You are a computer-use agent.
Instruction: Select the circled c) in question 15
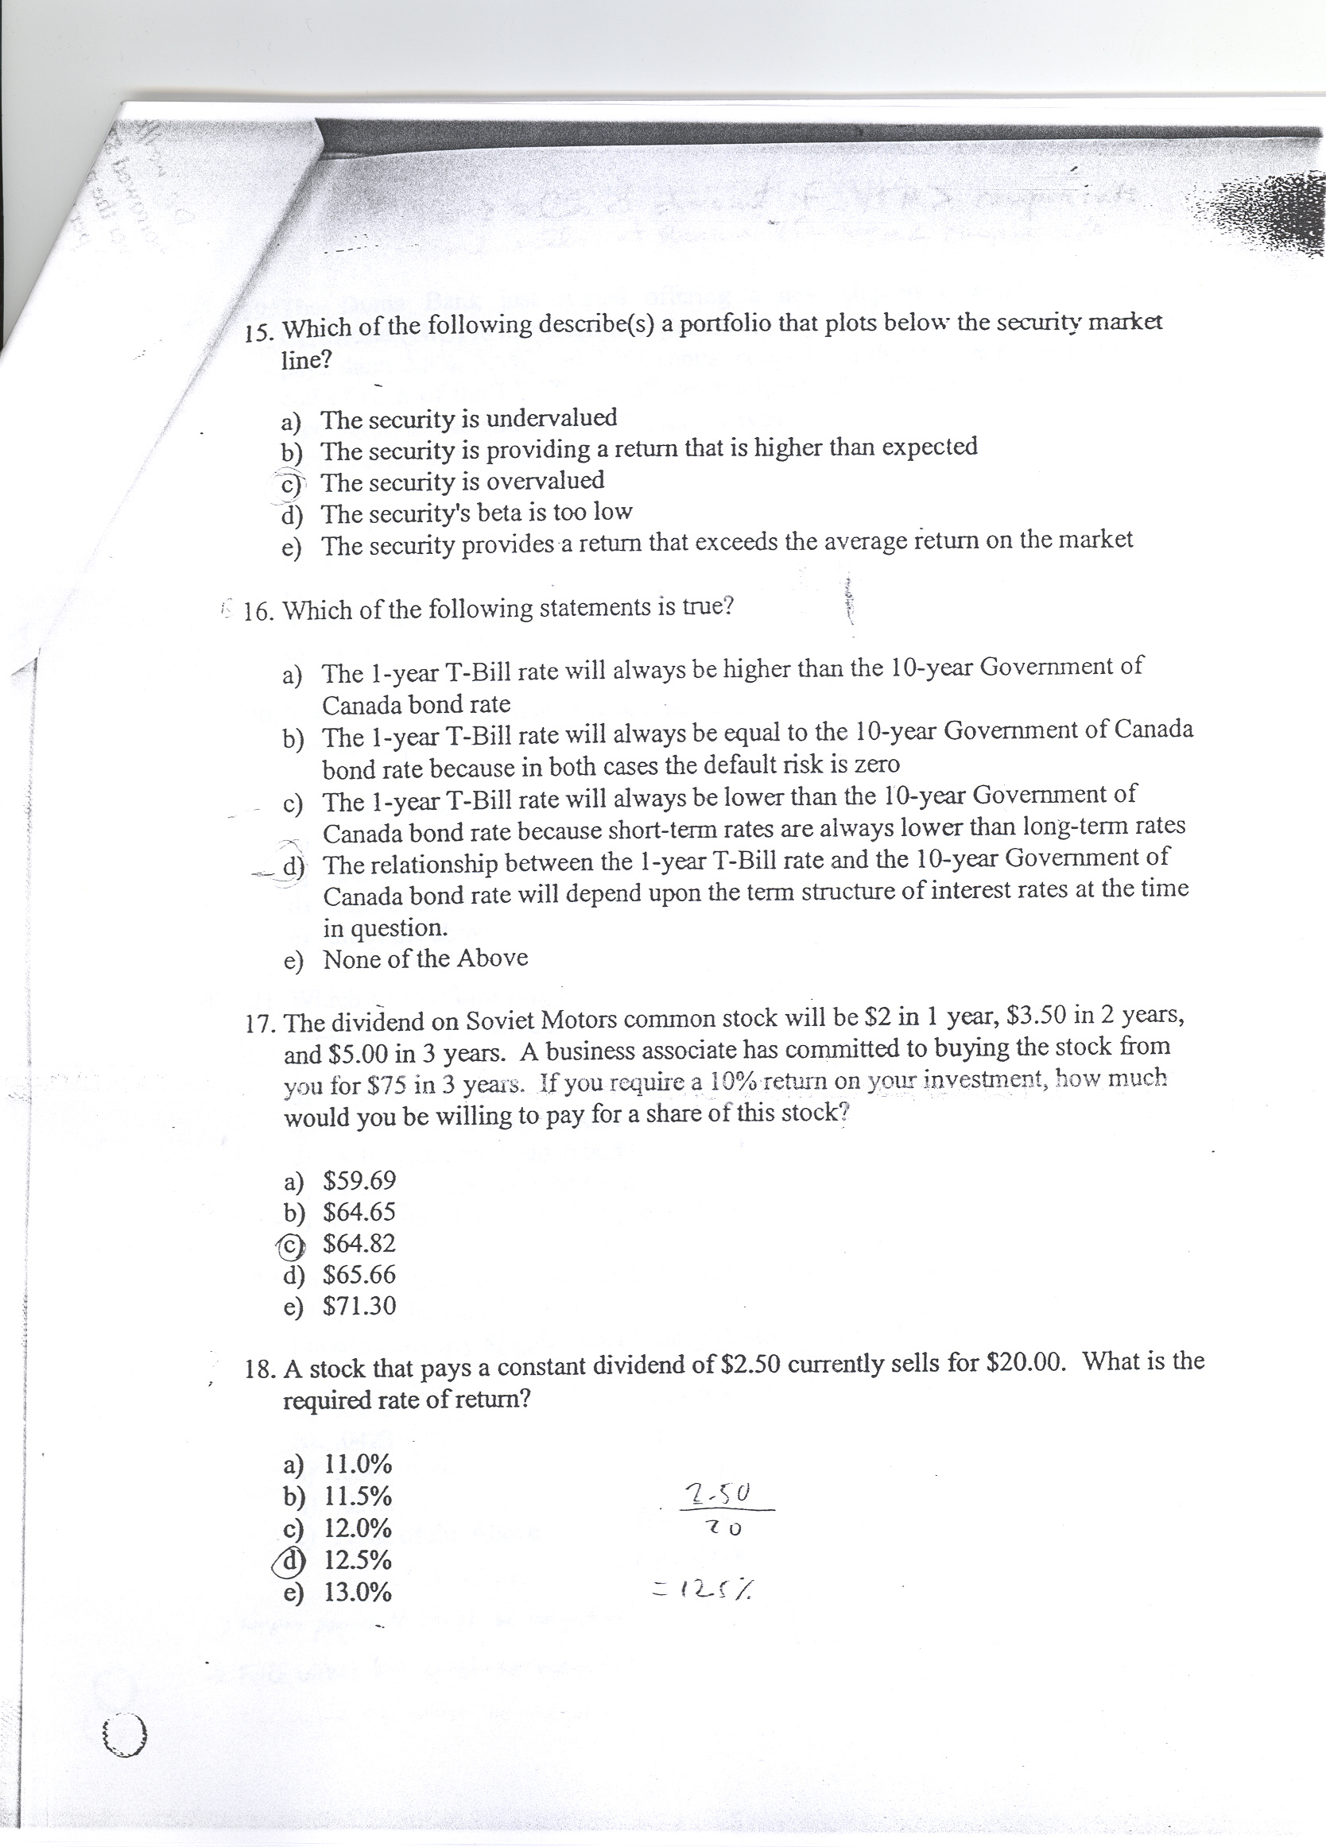pos(290,484)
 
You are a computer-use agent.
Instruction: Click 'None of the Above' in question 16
pos(425,958)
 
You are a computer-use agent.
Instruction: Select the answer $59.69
pos(359,1180)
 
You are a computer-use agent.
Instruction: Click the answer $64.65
pos(359,1212)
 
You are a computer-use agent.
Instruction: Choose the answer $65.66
pos(359,1275)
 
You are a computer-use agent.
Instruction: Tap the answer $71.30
pos(359,1307)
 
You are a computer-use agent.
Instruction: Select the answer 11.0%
pos(358,1465)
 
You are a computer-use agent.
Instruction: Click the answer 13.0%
pos(358,1592)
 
